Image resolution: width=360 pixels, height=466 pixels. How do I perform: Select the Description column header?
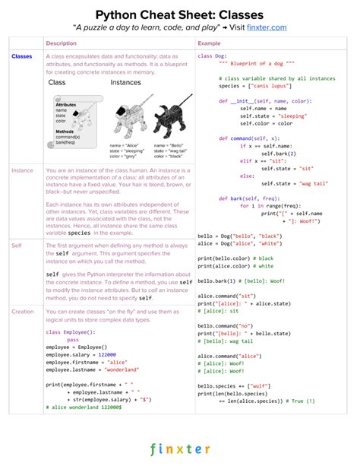[62, 43]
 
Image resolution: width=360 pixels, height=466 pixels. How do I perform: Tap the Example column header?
[209, 43]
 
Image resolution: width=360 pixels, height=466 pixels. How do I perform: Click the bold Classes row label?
[22, 57]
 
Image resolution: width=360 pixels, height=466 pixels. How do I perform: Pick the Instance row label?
[23, 170]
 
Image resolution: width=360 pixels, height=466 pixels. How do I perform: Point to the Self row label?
[17, 245]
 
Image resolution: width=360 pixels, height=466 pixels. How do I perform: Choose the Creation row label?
[23, 311]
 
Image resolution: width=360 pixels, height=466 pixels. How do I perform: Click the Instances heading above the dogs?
[126, 82]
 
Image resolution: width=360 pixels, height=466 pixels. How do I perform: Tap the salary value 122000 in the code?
[106, 353]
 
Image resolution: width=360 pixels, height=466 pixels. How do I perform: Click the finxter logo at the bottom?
[180, 449]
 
